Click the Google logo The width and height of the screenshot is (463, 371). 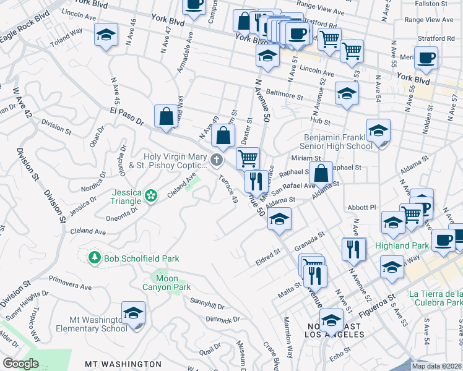coord(20,364)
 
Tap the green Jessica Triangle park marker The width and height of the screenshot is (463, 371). coord(150,196)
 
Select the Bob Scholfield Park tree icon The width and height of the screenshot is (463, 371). coord(95,257)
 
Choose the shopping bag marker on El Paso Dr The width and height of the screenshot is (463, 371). coord(166,117)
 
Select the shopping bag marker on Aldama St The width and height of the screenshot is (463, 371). coord(321,173)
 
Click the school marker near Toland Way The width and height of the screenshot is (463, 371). coord(106,35)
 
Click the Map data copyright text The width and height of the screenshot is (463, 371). coord(436,366)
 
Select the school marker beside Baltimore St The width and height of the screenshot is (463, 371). coord(347,93)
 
